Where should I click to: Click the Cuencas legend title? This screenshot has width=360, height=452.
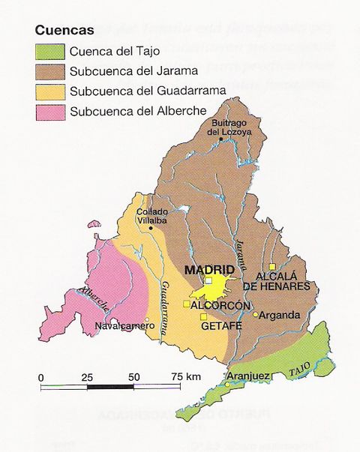(64, 31)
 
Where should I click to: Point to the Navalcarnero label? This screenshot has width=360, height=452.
(121, 327)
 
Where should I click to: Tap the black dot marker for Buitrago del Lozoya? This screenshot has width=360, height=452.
(220, 139)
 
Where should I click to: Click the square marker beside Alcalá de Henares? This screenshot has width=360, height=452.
(274, 266)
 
